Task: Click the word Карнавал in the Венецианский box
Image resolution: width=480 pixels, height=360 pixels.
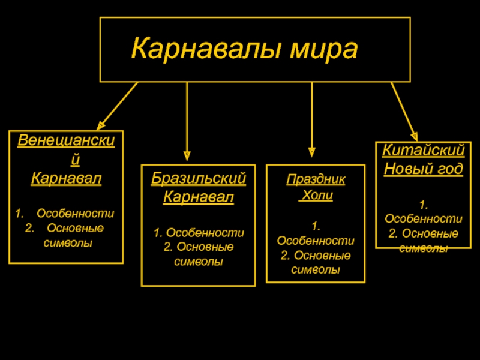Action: [x=66, y=178]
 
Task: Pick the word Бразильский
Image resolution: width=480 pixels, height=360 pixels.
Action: [x=199, y=178]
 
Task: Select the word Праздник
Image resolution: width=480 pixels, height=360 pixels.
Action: [x=316, y=179]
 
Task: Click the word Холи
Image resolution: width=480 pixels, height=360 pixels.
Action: [x=316, y=196]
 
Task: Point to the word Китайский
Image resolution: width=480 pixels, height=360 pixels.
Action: [x=424, y=151]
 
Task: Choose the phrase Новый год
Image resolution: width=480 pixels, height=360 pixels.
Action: [x=424, y=169]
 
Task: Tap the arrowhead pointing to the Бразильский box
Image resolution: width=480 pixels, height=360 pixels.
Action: [x=187, y=155]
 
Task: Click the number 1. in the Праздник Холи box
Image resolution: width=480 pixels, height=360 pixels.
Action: [x=316, y=226]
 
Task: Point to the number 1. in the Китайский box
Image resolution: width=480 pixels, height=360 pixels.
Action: [x=424, y=205]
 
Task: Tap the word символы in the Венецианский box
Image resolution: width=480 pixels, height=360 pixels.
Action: [x=68, y=243]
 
